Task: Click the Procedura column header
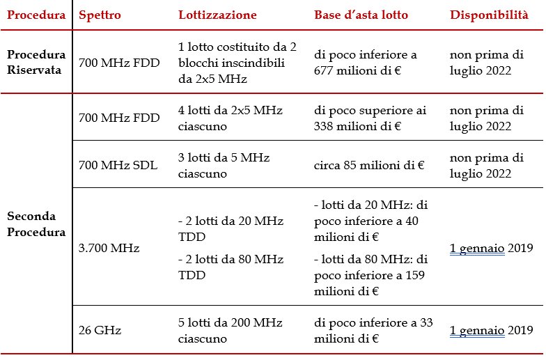coord(36,15)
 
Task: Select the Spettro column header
coord(100,15)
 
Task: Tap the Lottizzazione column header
coord(217,15)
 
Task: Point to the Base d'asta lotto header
coord(361,15)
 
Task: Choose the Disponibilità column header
coord(489,15)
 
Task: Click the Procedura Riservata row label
coord(36,62)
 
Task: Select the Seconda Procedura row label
coord(36,224)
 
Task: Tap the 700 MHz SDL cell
coord(118,164)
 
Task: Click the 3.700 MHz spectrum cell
coord(109,248)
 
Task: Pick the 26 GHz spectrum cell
coord(100,330)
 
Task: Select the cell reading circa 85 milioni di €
coord(369,165)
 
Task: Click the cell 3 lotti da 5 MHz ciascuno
coord(224,166)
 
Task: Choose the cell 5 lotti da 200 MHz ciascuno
coord(230,330)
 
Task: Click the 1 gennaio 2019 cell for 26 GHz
coord(492,330)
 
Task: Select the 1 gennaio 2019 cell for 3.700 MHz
coord(492,248)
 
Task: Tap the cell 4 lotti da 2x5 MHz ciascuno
coord(230,118)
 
